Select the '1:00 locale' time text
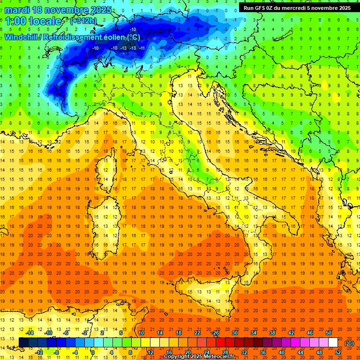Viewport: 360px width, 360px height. pos(33,21)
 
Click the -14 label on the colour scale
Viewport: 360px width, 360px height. pos(30,333)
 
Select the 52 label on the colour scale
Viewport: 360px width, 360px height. pos(338,352)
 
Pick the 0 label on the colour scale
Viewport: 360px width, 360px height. pos(93,352)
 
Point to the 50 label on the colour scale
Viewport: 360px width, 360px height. pos(329,333)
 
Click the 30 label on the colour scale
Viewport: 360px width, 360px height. pos(235,333)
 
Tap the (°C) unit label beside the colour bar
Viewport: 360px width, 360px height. pos(349,343)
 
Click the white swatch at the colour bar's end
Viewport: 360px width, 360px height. pos(333,343)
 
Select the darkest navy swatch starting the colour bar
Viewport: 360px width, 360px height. pos(23,343)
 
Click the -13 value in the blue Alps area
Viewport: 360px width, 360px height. pos(123,48)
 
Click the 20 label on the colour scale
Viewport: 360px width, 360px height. pos(187,352)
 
